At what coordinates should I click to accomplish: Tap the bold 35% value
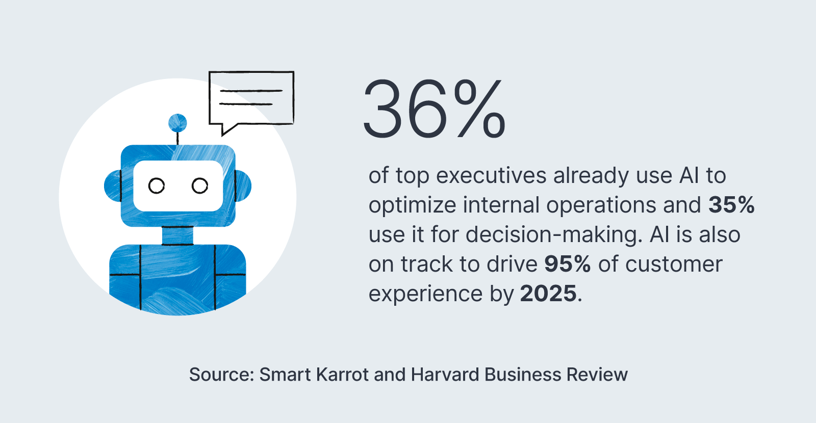pos(731,205)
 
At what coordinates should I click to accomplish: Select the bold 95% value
pos(567,264)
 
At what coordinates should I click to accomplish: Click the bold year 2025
pos(548,294)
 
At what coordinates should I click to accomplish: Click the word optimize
pos(412,205)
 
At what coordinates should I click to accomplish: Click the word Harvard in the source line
pos(445,375)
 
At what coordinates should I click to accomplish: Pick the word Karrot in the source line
pos(342,375)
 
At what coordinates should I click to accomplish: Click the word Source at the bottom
pos(221,375)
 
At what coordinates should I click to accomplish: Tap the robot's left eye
pos(157,186)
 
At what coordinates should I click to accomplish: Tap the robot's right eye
pos(200,186)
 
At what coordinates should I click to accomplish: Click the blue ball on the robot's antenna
pos(177,123)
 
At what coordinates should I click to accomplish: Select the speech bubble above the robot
pos(251,98)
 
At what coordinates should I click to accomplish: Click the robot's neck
pos(177,235)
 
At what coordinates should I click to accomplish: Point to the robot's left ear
pos(112,186)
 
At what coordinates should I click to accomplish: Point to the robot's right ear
pos(243,186)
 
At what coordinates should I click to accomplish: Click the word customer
pos(673,264)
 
